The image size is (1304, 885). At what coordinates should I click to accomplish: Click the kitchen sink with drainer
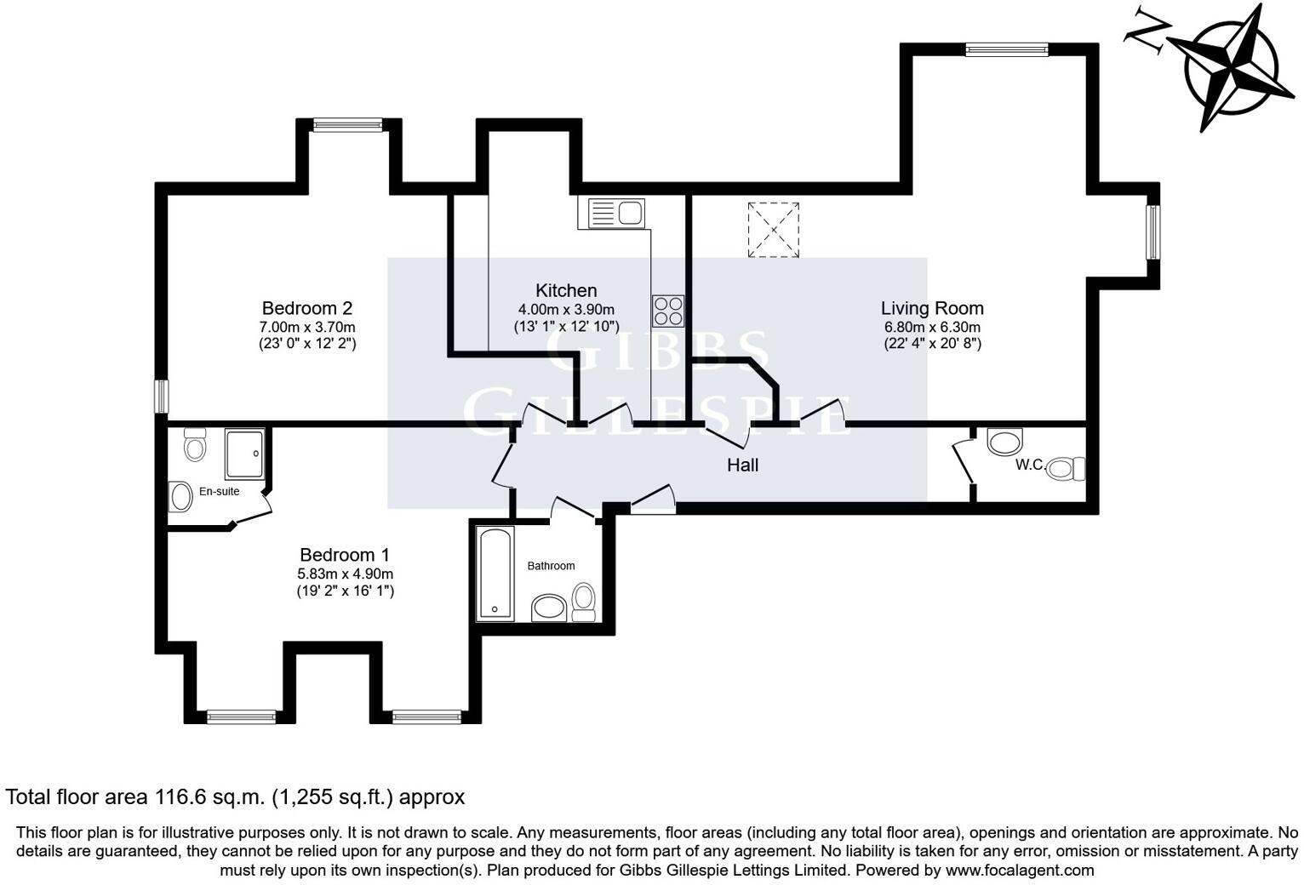(616, 213)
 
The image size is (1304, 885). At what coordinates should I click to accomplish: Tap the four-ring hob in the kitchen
(667, 311)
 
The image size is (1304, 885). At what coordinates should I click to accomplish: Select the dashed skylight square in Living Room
(773, 230)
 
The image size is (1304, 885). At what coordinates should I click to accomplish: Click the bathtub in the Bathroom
(495, 574)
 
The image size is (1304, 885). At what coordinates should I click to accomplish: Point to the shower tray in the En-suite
(244, 454)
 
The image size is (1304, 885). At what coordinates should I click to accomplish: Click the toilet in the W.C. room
(1066, 468)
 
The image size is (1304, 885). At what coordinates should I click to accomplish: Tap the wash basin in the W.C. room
(1004, 442)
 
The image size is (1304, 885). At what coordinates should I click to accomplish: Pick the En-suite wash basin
(180, 497)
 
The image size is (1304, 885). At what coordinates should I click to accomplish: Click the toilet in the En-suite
(194, 444)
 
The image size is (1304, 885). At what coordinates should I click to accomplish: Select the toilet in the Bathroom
(583, 602)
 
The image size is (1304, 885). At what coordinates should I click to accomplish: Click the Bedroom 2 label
(306, 308)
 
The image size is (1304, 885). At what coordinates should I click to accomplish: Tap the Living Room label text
(932, 308)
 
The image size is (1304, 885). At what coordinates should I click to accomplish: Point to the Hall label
(742, 465)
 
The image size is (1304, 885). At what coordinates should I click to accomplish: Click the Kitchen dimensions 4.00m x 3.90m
(566, 310)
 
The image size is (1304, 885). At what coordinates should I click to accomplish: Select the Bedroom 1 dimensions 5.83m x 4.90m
(346, 574)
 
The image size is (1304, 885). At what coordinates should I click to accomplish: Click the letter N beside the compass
(1147, 35)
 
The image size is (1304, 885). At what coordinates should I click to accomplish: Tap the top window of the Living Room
(1007, 49)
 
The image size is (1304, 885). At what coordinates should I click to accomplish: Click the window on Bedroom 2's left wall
(161, 397)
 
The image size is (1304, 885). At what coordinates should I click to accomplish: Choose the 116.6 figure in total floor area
(180, 796)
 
